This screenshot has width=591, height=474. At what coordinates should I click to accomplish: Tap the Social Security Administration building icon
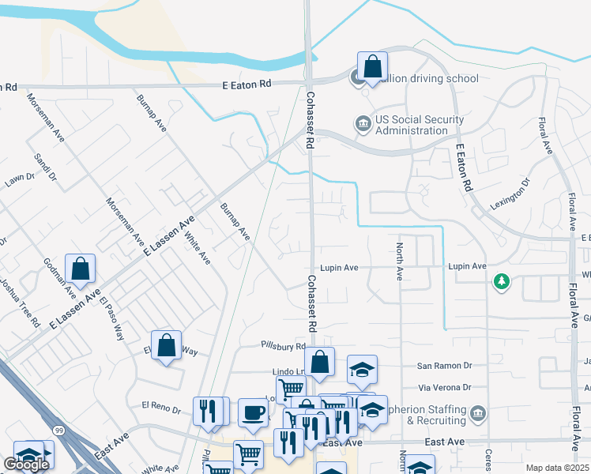pyautogui.click(x=363, y=124)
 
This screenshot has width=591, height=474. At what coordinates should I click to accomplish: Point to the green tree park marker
pyautogui.click(x=500, y=281)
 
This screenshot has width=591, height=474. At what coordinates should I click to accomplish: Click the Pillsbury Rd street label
pyautogui.click(x=284, y=346)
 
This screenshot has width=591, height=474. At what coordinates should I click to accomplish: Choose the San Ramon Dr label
pyautogui.click(x=444, y=366)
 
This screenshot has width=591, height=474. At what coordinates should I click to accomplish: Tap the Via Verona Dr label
pyautogui.click(x=444, y=387)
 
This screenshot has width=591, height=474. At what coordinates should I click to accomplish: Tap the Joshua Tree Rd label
pyautogui.click(x=21, y=303)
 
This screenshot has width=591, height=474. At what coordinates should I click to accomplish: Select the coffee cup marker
pyautogui.click(x=252, y=412)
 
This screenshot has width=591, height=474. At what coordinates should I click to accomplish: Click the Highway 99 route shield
pyautogui.click(x=59, y=429)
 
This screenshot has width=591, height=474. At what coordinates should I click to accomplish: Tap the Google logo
pyautogui.click(x=26, y=465)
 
